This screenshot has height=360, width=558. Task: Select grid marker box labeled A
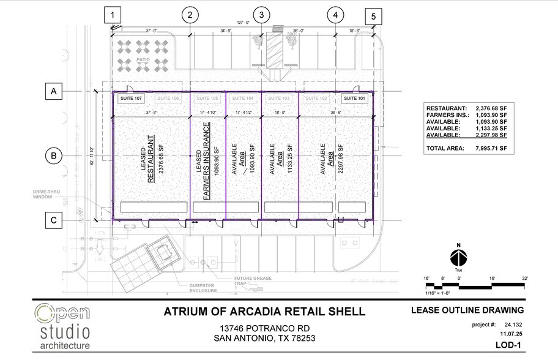pos(54,92)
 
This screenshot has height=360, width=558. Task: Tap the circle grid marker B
pos(54,156)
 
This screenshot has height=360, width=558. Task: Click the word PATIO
pos(144,60)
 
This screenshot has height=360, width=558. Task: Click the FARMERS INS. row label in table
pos(448,114)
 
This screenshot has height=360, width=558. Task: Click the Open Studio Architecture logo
pos(62,326)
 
